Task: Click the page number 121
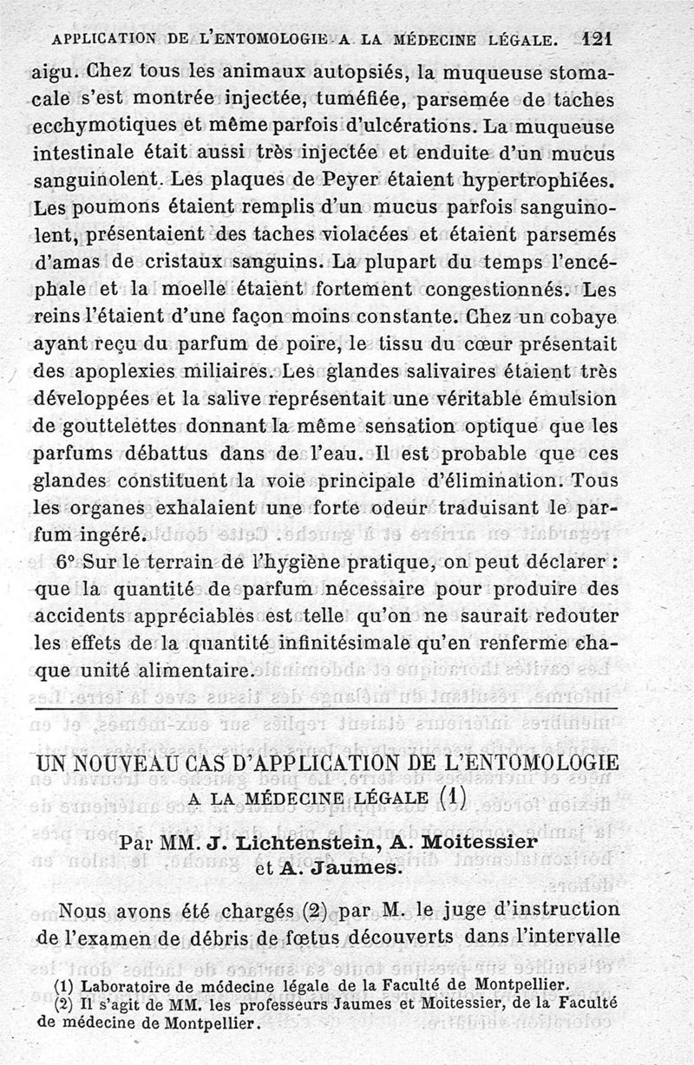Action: pos(599,38)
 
